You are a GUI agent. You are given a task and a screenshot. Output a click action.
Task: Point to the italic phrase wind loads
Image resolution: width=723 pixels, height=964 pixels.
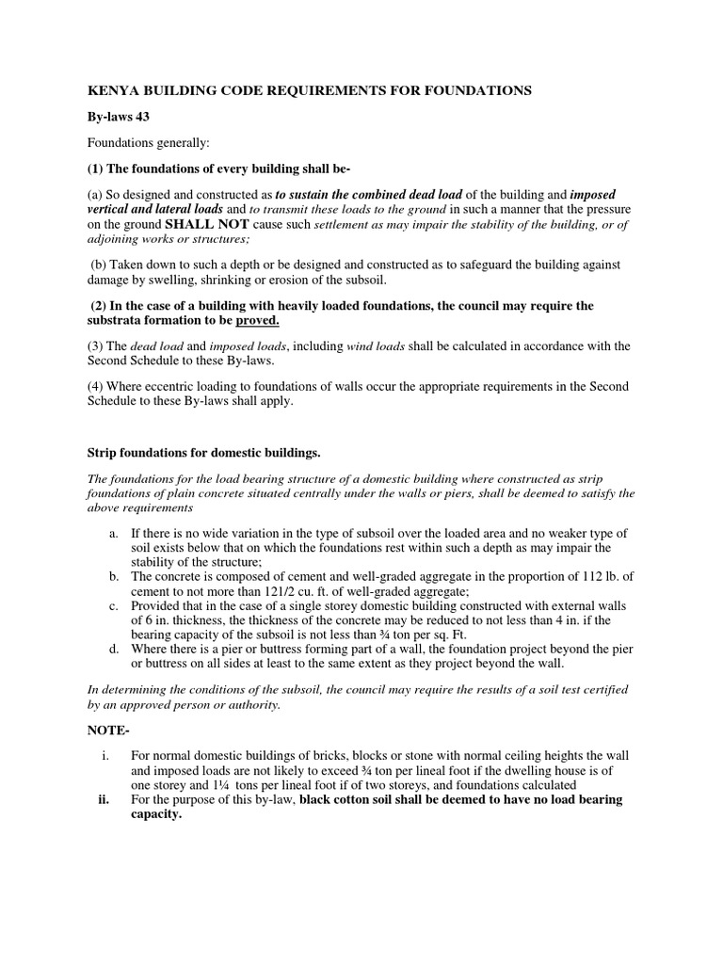(377, 347)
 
